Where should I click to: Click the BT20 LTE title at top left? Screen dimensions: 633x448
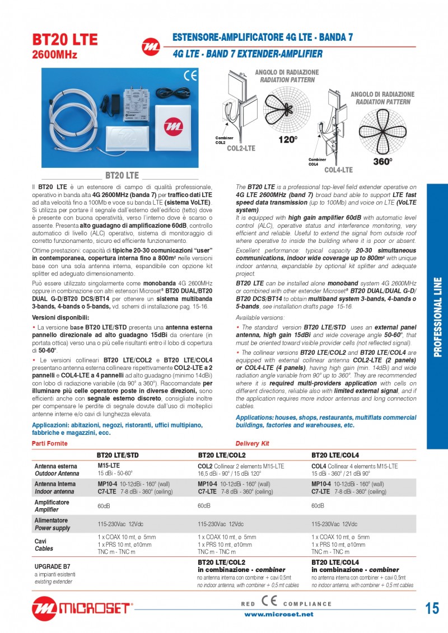click(65, 39)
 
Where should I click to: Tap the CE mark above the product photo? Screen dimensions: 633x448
click(190, 76)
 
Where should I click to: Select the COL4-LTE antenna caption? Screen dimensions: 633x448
click(338, 170)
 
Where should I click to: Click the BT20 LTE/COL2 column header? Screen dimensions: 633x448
click(222, 456)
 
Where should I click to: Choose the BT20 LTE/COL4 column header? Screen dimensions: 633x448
click(335, 456)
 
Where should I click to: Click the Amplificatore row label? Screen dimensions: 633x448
click(52, 503)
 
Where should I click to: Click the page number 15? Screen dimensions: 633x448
click(432, 608)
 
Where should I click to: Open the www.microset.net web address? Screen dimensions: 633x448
click(279, 614)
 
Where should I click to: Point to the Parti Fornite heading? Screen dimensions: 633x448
click(51, 443)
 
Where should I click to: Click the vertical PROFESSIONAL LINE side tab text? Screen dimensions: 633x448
click(437, 316)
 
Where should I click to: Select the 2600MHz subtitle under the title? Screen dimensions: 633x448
click(54, 55)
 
